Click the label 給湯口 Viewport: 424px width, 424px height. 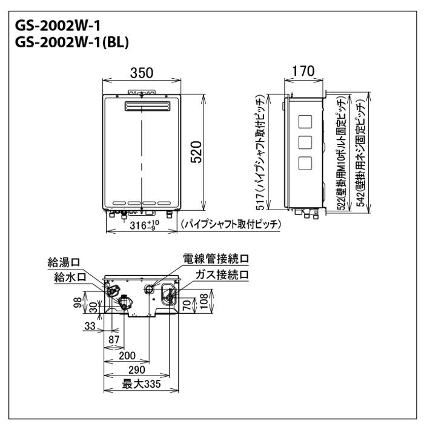tap(64, 262)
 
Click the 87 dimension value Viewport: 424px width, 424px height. tap(113, 340)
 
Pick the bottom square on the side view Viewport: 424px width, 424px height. tap(306, 162)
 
